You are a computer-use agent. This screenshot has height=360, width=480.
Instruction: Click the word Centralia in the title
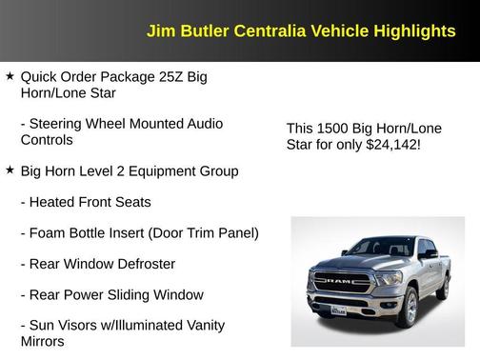(x=249, y=31)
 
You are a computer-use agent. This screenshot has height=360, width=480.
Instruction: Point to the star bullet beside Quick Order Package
(x=10, y=75)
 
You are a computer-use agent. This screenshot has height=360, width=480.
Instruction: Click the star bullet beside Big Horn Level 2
(x=10, y=170)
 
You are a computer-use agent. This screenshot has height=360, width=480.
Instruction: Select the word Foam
(x=50, y=232)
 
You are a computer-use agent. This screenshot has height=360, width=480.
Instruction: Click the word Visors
(x=88, y=325)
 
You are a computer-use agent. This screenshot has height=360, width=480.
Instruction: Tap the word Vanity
(x=201, y=325)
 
